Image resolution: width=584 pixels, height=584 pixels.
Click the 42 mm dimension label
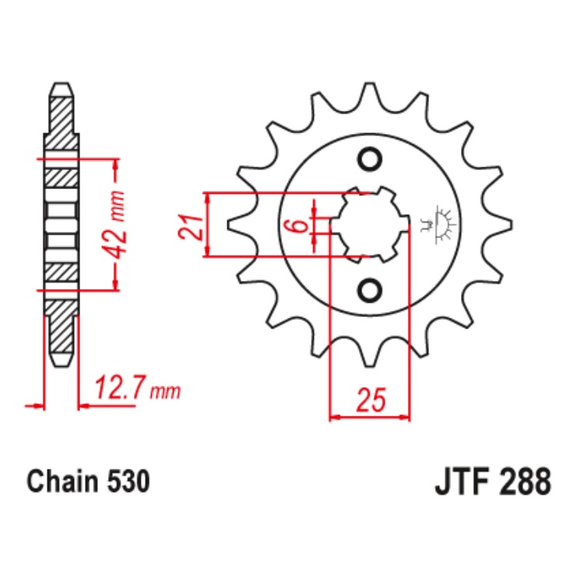click(x=117, y=225)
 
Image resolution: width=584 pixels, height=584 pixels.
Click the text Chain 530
click(x=88, y=482)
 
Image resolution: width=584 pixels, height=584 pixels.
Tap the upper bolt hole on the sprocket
click(x=370, y=160)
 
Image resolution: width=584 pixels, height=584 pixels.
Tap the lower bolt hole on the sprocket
click(x=370, y=290)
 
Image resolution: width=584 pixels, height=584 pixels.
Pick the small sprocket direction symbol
click(x=442, y=225)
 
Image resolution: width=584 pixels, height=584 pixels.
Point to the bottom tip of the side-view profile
click(x=62, y=364)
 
